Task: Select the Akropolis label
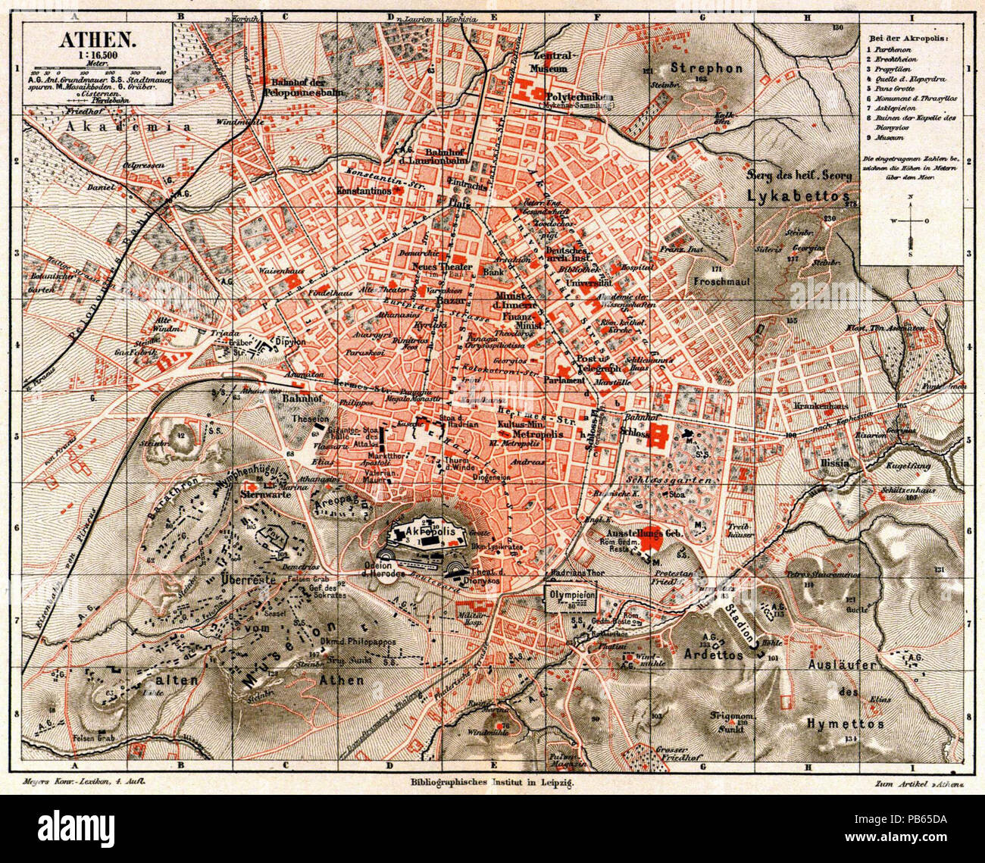point(433,533)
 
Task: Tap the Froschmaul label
point(725,280)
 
